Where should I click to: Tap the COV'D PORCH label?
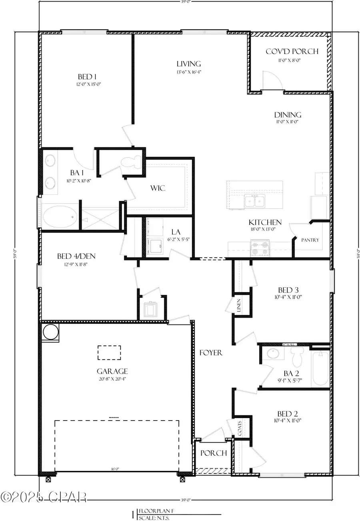[x=292, y=51]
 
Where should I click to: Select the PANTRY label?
[x=310, y=240]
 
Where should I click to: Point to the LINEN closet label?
[x=238, y=306]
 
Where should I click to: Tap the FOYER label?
[x=211, y=353]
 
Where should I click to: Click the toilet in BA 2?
[x=296, y=356]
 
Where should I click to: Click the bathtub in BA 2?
[x=320, y=369]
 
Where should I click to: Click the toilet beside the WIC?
[x=131, y=162]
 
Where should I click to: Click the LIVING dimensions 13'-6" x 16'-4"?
[x=188, y=72]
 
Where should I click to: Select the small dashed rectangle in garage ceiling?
[x=110, y=353]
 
